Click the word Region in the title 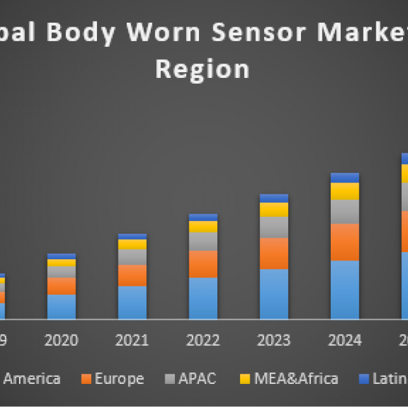tap(202, 68)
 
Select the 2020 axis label tap(61, 340)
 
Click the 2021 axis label tap(132, 340)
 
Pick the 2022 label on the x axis tap(203, 340)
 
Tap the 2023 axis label tap(274, 340)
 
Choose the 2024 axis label tap(345, 340)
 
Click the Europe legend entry tap(119, 379)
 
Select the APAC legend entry tap(197, 379)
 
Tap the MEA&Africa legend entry tap(296, 379)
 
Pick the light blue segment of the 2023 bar tap(274, 294)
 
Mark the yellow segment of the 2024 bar tap(345, 191)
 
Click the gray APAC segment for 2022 tap(203, 241)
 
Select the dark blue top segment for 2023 tap(274, 198)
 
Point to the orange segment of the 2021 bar tap(132, 276)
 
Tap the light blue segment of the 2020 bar tap(61, 307)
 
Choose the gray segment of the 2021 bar tap(132, 257)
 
